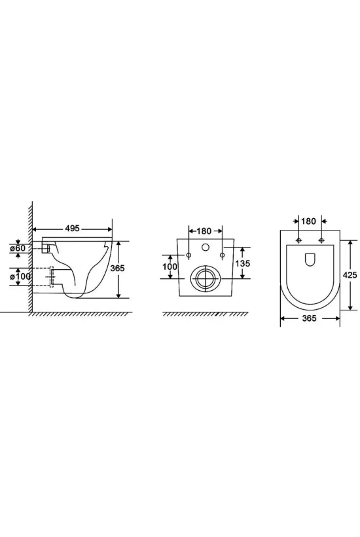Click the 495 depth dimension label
tap(72, 229)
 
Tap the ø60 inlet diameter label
tap(18, 248)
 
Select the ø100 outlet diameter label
tap(21, 276)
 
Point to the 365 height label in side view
tap(117, 268)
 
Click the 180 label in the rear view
tap(204, 231)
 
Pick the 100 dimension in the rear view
tap(170, 267)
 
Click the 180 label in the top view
tap(309, 221)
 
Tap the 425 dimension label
tap(350, 274)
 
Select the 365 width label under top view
tap(310, 318)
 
